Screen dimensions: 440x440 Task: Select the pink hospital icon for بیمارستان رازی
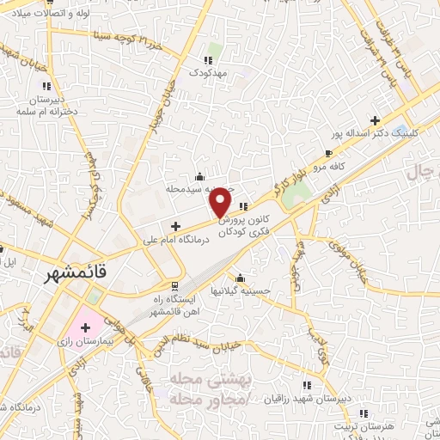point(85,327)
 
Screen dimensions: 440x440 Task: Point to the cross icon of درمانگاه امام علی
point(175,227)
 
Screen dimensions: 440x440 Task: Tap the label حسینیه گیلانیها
point(241,291)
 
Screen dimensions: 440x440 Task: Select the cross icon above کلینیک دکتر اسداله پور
point(374,120)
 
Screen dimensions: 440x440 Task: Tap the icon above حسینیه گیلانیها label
point(241,277)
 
